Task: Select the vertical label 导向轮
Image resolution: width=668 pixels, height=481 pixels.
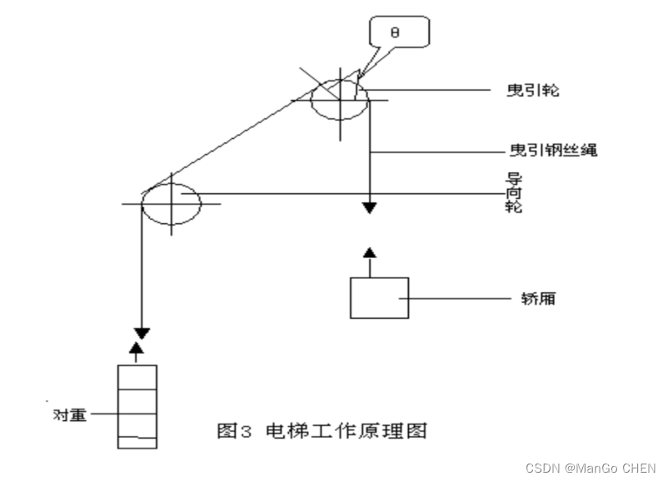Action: [514, 192]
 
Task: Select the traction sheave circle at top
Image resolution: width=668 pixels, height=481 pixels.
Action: [340, 100]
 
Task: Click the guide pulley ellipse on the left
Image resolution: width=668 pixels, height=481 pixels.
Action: [171, 202]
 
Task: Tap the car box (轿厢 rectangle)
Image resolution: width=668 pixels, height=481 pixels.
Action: [379, 297]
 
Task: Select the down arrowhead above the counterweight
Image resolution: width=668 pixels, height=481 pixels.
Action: [142, 333]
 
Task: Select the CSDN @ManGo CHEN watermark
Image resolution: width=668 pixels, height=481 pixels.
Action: [591, 468]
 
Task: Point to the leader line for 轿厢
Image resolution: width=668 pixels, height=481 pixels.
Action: [458, 297]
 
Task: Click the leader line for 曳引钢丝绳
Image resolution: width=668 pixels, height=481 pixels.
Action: [437, 151]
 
